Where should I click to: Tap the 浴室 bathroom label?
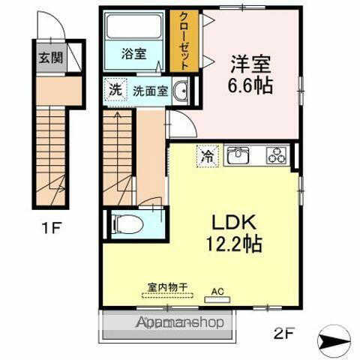click(x=134, y=54)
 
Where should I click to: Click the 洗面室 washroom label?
click(x=149, y=91)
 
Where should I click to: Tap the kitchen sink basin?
click(x=239, y=156)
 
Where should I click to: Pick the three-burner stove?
click(x=277, y=157)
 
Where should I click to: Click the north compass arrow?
click(x=334, y=340)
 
